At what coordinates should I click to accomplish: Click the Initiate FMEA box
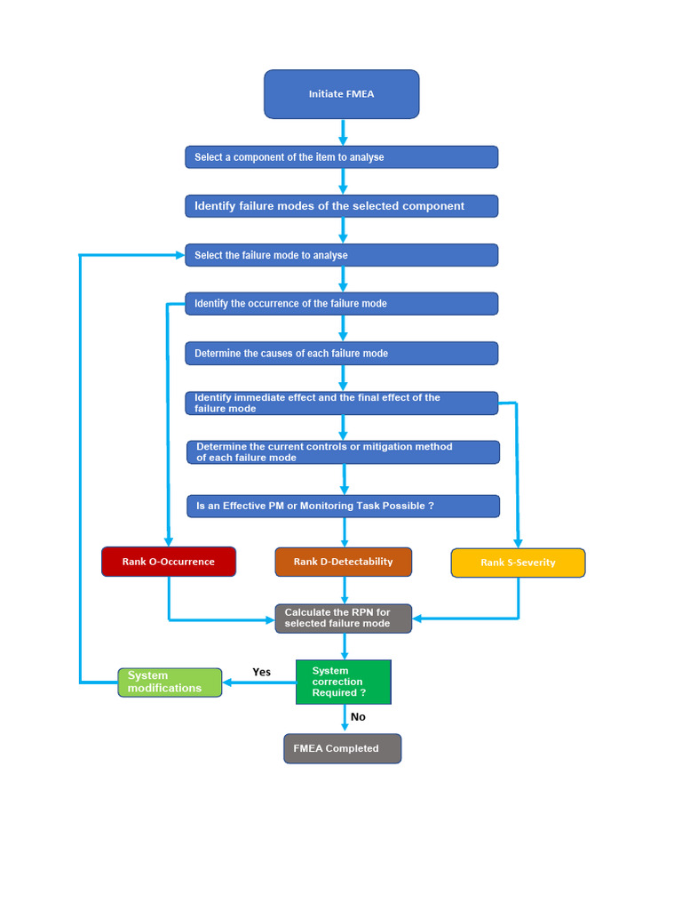click(342, 94)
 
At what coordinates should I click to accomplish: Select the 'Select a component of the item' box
click(342, 157)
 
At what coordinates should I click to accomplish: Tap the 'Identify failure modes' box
click(342, 206)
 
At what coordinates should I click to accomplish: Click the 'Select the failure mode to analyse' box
click(342, 255)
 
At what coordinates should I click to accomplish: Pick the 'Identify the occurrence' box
click(342, 304)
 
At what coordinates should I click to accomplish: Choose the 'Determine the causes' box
click(342, 354)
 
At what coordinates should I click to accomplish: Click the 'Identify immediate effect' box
click(342, 403)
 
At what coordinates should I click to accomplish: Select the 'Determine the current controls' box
click(344, 452)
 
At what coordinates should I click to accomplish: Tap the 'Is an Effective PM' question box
click(344, 506)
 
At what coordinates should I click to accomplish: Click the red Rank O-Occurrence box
click(169, 562)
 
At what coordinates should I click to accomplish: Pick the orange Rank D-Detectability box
click(344, 562)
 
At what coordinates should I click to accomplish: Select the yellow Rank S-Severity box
click(518, 563)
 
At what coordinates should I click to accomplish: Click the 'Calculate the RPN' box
click(344, 619)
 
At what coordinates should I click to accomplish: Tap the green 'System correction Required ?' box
click(344, 682)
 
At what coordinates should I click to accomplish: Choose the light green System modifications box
click(170, 682)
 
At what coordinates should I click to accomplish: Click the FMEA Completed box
click(342, 748)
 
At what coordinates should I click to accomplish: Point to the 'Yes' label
click(262, 672)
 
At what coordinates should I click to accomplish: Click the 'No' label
click(358, 717)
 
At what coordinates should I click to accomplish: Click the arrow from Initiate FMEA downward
click(343, 132)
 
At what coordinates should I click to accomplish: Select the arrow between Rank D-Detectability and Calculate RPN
click(345, 590)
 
